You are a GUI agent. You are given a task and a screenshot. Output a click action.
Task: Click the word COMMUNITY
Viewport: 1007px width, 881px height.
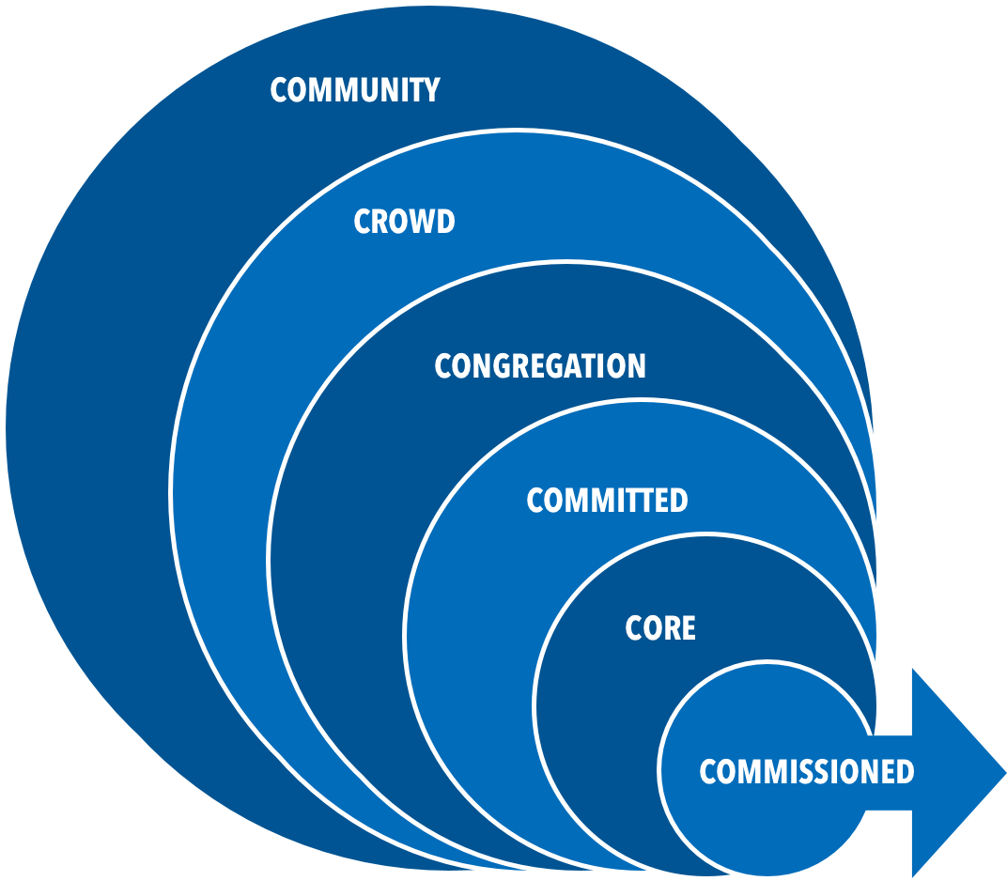coord(354,90)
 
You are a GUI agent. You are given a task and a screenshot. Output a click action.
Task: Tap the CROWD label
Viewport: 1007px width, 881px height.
coord(404,222)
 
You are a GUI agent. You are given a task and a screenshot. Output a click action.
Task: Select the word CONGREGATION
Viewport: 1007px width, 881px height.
coord(540,366)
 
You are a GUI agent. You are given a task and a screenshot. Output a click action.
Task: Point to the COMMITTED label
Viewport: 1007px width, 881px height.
coord(607,501)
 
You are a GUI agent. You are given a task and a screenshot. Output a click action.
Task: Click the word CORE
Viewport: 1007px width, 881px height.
coord(660,628)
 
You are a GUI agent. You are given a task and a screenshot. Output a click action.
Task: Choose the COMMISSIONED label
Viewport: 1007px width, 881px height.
coord(806,772)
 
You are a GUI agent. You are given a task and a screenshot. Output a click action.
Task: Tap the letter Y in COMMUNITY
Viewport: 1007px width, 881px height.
coord(430,90)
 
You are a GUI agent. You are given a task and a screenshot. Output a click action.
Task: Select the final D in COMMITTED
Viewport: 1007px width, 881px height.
coord(678,501)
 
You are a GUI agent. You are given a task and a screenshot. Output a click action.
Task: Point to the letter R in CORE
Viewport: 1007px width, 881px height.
coord(669,628)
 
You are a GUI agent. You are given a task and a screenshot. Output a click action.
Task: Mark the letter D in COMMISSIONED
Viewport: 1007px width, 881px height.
coord(904,772)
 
